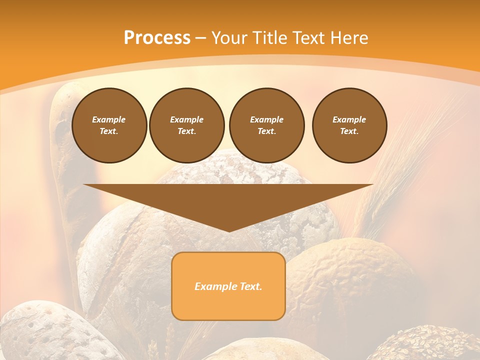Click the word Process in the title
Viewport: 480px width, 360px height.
point(157,38)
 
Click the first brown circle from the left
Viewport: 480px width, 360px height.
point(109,125)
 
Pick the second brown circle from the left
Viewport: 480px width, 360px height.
point(187,125)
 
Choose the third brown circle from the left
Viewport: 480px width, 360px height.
point(267,125)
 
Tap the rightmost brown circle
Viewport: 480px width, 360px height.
point(349,125)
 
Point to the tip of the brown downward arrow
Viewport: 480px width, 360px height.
point(229,230)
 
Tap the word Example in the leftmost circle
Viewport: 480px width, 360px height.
point(109,119)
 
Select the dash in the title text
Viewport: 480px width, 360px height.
point(200,38)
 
